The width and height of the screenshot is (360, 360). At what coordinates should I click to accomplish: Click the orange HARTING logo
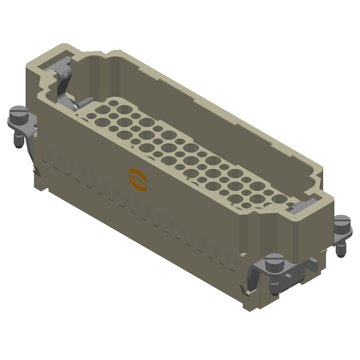pyautogui.click(x=138, y=179)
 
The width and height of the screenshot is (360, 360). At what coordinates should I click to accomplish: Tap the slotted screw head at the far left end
pyautogui.click(x=19, y=111)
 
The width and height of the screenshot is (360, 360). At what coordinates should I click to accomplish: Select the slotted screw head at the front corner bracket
pyautogui.click(x=274, y=260)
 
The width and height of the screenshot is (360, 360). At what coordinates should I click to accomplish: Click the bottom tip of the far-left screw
pyautogui.click(x=18, y=144)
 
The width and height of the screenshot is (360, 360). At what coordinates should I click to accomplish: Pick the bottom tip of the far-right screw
pyautogui.click(x=341, y=253)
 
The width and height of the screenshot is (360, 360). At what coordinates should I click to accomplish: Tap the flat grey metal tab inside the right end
pyautogui.click(x=300, y=206)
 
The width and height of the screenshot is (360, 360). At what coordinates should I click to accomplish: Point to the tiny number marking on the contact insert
pyautogui.click(x=114, y=108)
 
